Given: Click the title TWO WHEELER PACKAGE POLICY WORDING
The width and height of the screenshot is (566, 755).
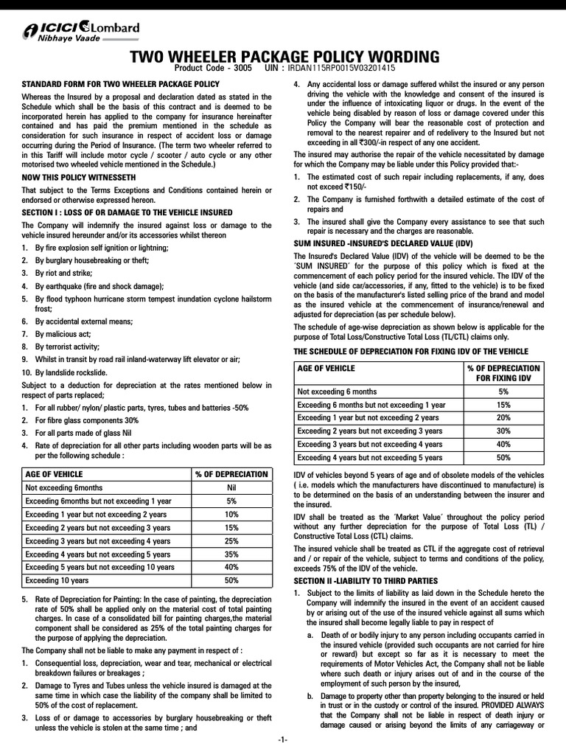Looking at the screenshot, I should pos(284,57).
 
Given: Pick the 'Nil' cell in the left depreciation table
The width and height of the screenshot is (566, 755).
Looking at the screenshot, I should pos(231,487).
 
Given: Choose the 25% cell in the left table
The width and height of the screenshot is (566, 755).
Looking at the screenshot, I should pos(231,540).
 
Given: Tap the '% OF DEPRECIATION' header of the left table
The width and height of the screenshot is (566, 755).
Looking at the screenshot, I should pos(231,474).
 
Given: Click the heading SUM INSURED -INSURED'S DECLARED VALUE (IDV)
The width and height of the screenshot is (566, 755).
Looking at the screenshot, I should pos(383,244).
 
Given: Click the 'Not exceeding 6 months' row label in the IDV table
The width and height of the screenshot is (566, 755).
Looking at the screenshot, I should pos(338,392).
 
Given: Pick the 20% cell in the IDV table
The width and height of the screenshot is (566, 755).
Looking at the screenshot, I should pos(503,418).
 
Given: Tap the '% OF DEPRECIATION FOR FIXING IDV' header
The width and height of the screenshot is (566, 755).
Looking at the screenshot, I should pos(503,373).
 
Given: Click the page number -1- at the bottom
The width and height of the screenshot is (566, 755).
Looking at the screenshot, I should pos(283,740).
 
